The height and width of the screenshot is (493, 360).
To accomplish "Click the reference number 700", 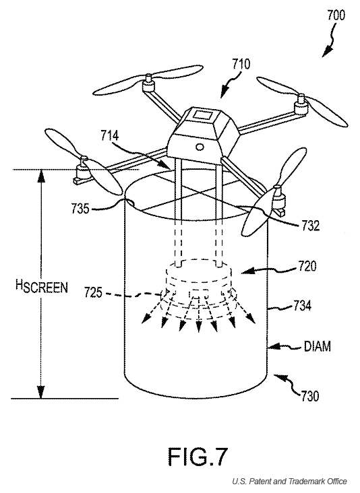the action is [x=336, y=15].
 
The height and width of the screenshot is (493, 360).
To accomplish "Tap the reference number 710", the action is [x=241, y=64].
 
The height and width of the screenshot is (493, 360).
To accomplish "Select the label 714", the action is [x=109, y=135].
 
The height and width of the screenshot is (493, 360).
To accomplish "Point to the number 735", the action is [x=80, y=209].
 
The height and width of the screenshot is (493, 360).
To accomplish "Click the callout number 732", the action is [x=311, y=226].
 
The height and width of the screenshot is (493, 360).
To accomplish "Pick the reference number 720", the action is [x=307, y=266].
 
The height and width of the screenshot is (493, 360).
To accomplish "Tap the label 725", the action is [x=93, y=293].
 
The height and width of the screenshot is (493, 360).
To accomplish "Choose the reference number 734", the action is [x=303, y=305].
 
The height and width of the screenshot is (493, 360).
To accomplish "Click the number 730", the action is [x=310, y=396].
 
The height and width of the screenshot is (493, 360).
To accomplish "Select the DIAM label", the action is [x=318, y=346].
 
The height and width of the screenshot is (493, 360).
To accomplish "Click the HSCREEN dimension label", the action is [x=42, y=286].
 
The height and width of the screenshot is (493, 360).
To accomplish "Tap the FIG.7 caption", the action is [x=198, y=457].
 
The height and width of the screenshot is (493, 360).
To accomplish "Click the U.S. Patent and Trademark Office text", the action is [x=289, y=482].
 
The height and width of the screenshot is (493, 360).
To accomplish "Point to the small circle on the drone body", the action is [x=200, y=147].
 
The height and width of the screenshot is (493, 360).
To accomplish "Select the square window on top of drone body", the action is [x=203, y=114].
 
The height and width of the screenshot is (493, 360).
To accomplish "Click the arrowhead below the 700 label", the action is [x=327, y=52].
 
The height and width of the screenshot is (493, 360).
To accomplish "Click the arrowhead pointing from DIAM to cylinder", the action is [x=274, y=347].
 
